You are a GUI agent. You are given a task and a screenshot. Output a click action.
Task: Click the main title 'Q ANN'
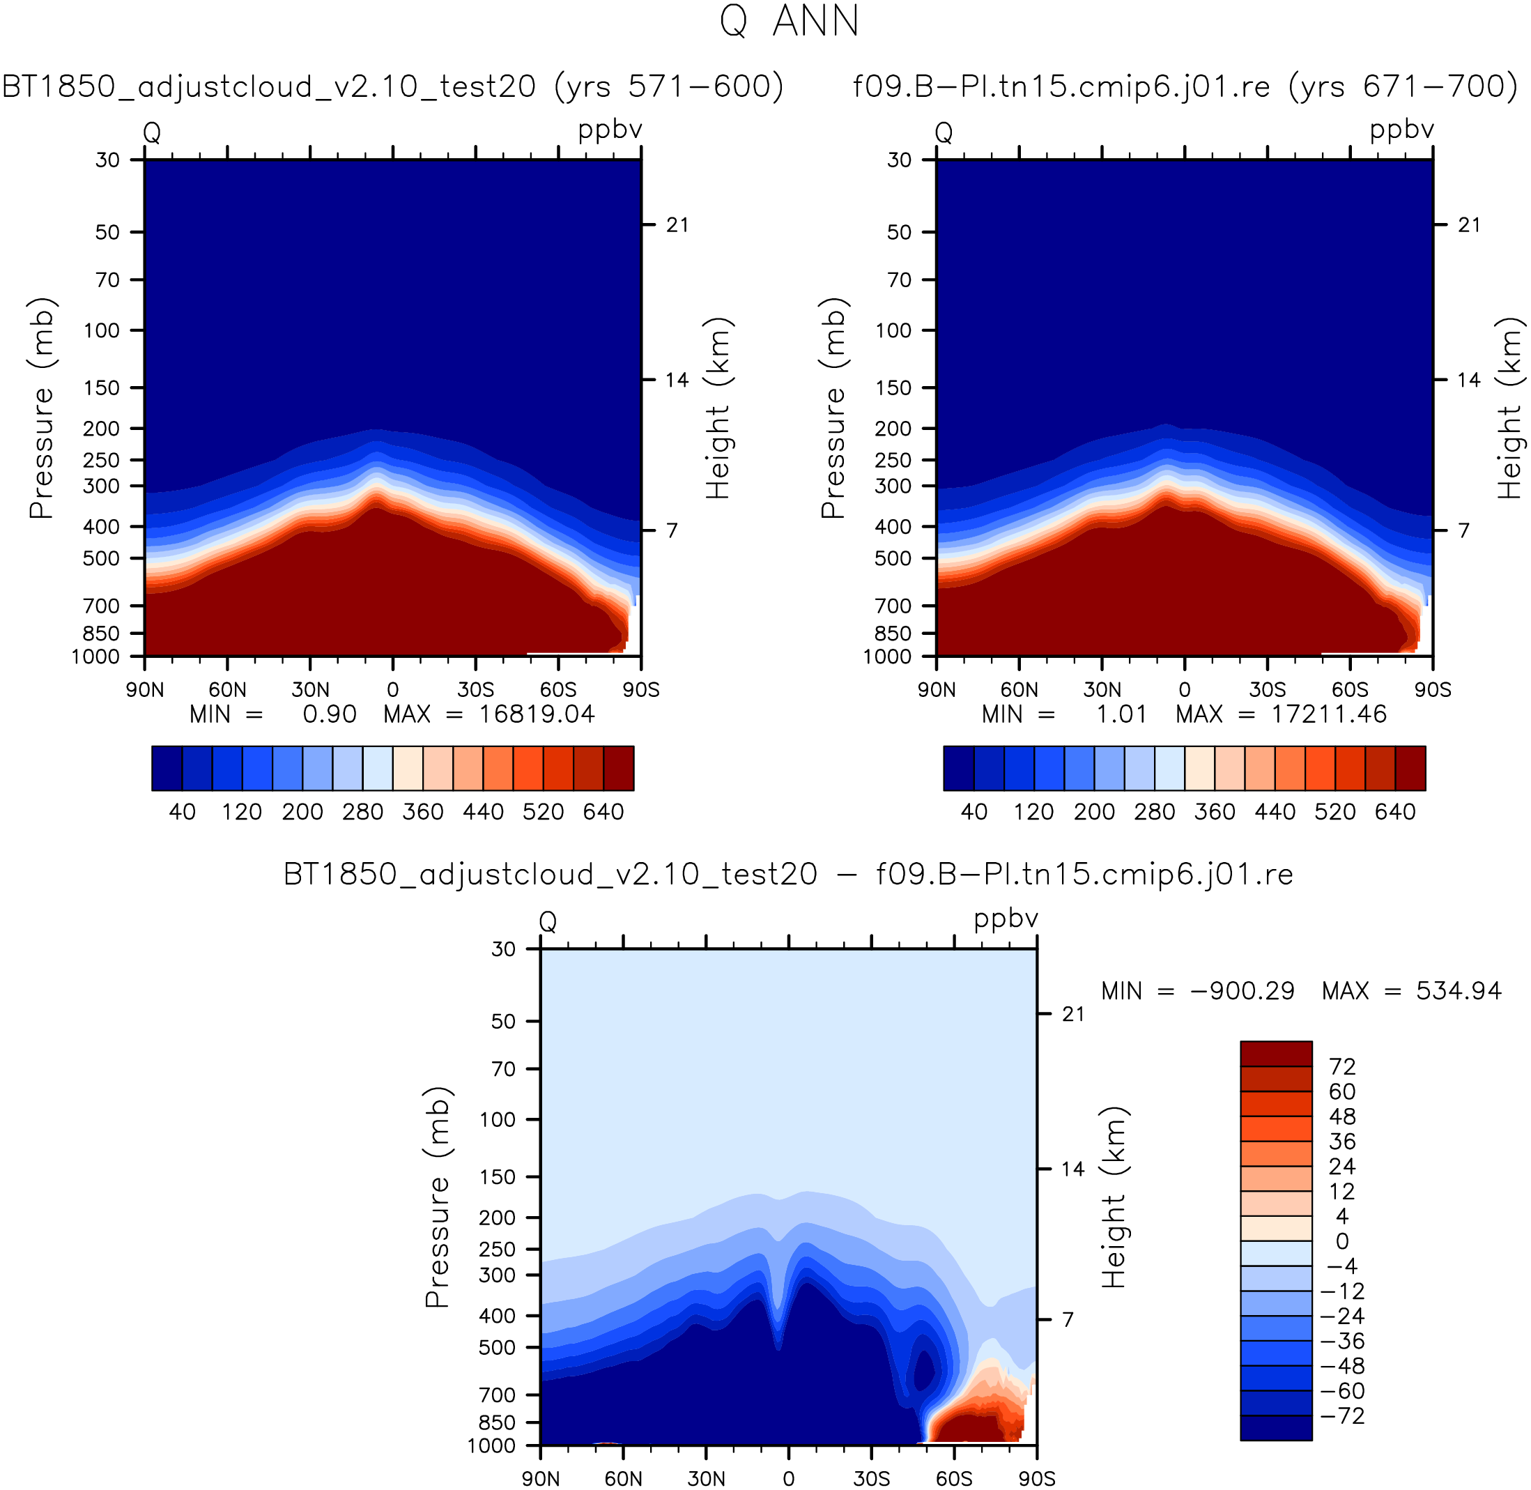tap(790, 21)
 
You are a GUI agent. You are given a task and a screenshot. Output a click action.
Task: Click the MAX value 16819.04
tap(537, 714)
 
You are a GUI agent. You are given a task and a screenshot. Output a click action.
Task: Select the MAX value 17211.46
tap(1329, 714)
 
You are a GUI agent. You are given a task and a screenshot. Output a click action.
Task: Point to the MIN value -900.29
tap(1243, 992)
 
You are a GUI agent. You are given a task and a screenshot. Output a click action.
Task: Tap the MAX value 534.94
tap(1459, 992)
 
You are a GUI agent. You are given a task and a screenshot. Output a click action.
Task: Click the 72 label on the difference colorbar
tap(1341, 1067)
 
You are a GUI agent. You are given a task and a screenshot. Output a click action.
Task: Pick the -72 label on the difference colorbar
tap(1342, 1415)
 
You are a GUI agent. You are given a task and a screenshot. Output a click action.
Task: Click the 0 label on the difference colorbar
tap(1341, 1241)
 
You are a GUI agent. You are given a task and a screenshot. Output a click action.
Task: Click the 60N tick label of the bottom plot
tap(624, 1478)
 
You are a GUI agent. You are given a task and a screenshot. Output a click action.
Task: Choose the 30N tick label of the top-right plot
tap(1102, 689)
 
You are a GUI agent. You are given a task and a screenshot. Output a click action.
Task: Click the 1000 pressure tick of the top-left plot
tap(96, 656)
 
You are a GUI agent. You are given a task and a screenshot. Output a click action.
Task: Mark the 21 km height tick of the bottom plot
tap(1073, 1014)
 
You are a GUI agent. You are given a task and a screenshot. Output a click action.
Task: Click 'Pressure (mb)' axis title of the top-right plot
tap(834, 408)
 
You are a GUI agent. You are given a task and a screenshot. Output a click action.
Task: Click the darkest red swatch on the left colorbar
tap(619, 769)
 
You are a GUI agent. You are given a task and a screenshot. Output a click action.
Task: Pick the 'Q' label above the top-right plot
tap(944, 132)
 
